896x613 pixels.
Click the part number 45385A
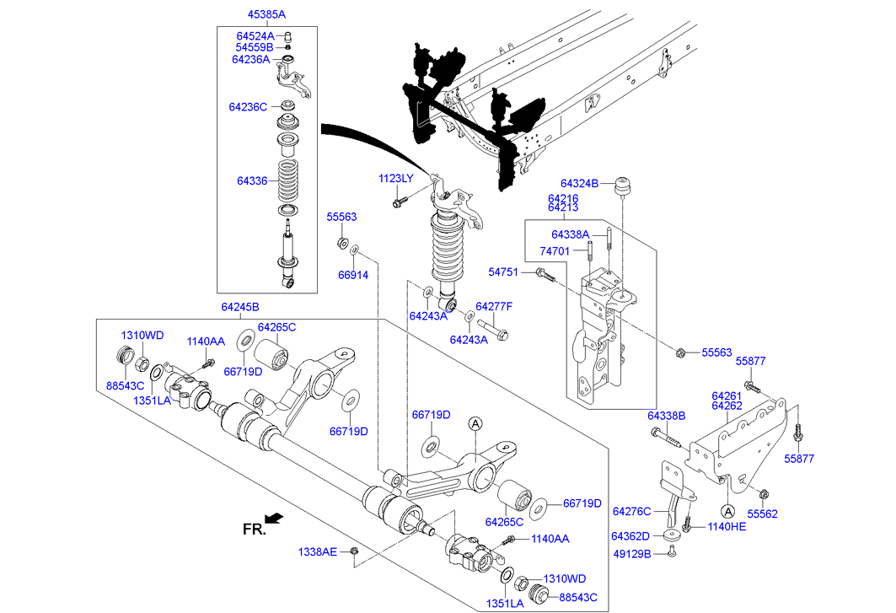[x=266, y=14]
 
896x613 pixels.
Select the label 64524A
[x=255, y=36]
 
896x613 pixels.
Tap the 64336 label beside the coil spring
[x=252, y=180]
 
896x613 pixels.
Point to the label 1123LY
[x=395, y=178]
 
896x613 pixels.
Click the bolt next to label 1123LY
[x=400, y=202]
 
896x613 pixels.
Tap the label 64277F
[x=494, y=306]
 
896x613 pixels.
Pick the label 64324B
[x=580, y=183]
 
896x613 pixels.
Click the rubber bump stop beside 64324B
[x=625, y=185]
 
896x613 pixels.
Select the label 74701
[x=554, y=251]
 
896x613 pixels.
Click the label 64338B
[x=667, y=416]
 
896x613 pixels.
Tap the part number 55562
[x=763, y=513]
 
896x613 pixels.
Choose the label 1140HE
[x=727, y=526]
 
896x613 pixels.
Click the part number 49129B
[x=632, y=554]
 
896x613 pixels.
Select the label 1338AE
[x=317, y=551]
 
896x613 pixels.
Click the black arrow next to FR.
[x=274, y=518]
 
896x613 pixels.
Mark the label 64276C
[x=631, y=511]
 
